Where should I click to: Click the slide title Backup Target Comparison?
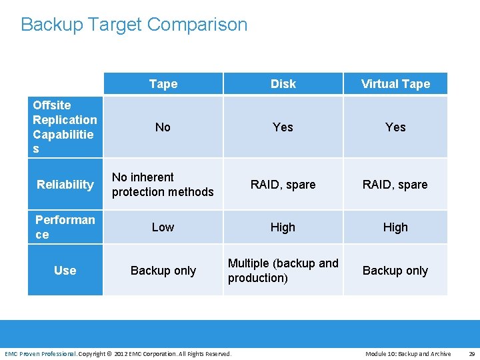pos(134,25)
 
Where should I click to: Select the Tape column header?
pos(163,84)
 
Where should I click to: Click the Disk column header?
pos(283,84)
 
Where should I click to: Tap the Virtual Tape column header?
pos(395,84)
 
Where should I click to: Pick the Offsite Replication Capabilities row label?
pos(65,127)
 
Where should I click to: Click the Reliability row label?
pos(65,185)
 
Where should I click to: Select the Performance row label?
pos(65,227)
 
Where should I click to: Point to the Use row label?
pos(65,271)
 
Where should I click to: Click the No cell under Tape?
pos(163,127)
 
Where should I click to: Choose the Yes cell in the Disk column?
pos(283,127)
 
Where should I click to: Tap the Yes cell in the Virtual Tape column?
pos(395,127)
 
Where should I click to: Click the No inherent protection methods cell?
pos(163,185)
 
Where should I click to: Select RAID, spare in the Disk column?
pos(283,185)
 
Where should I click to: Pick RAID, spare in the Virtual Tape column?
pos(395,185)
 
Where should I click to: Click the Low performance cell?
pos(163,227)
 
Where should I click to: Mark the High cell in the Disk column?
pos(283,227)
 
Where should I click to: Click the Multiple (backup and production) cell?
pos(283,271)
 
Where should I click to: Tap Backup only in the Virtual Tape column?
pos(395,271)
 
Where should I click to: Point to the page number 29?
pos(471,354)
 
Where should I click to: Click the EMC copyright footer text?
pos(118,354)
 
